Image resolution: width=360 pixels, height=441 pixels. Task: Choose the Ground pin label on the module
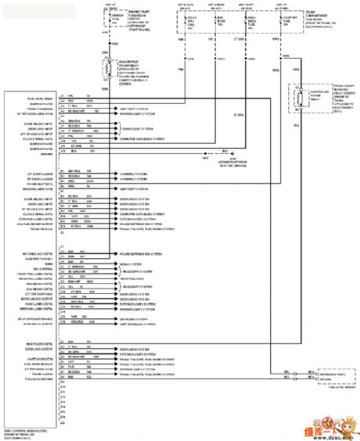[x=24, y=154]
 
